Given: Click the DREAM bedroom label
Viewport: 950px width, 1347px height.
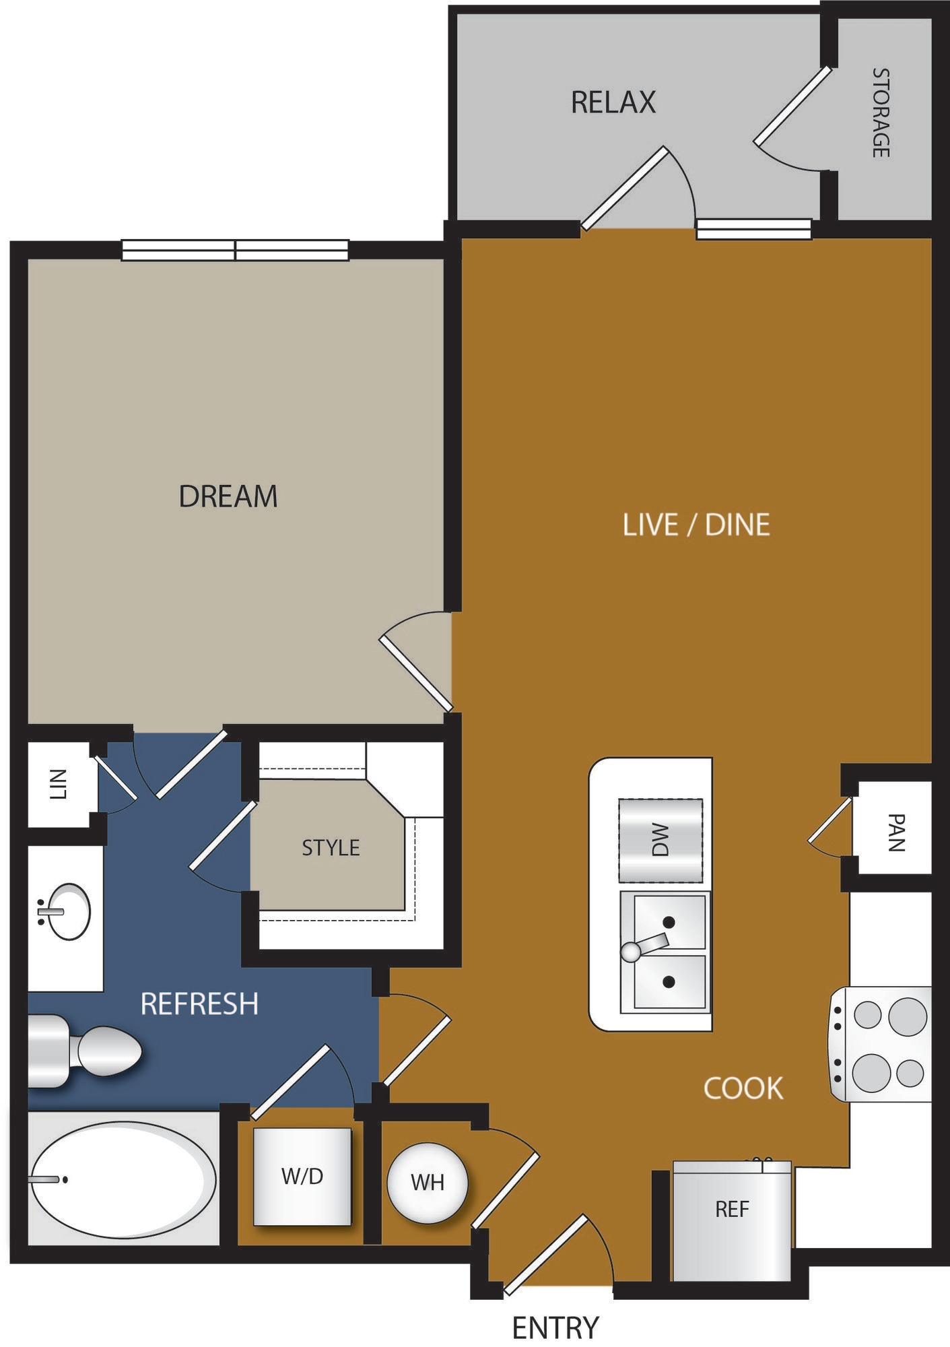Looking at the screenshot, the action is click(228, 496).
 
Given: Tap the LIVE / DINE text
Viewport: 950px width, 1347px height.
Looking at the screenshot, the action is click(696, 525).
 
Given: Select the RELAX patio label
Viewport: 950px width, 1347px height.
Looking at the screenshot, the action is click(613, 102).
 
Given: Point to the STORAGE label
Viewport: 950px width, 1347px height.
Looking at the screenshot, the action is click(881, 112).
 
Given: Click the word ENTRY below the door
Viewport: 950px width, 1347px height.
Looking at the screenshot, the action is click(555, 1328).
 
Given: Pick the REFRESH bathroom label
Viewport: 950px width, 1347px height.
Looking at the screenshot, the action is click(199, 1004).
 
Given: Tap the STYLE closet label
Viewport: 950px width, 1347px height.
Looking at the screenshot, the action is click(331, 847).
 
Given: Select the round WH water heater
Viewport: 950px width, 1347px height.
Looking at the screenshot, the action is click(427, 1182).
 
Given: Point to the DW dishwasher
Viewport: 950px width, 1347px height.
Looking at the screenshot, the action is click(660, 841).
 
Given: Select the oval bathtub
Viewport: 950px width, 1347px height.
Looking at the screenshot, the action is click(123, 1179).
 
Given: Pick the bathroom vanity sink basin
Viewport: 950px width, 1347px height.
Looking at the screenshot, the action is click(68, 911).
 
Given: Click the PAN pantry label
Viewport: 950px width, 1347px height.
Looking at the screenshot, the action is click(896, 832).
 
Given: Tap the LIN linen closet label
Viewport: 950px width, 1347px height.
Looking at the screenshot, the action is click(59, 784).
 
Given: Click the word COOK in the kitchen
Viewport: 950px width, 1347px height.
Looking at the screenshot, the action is click(743, 1088).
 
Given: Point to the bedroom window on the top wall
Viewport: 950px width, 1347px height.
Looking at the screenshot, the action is click(235, 250).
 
